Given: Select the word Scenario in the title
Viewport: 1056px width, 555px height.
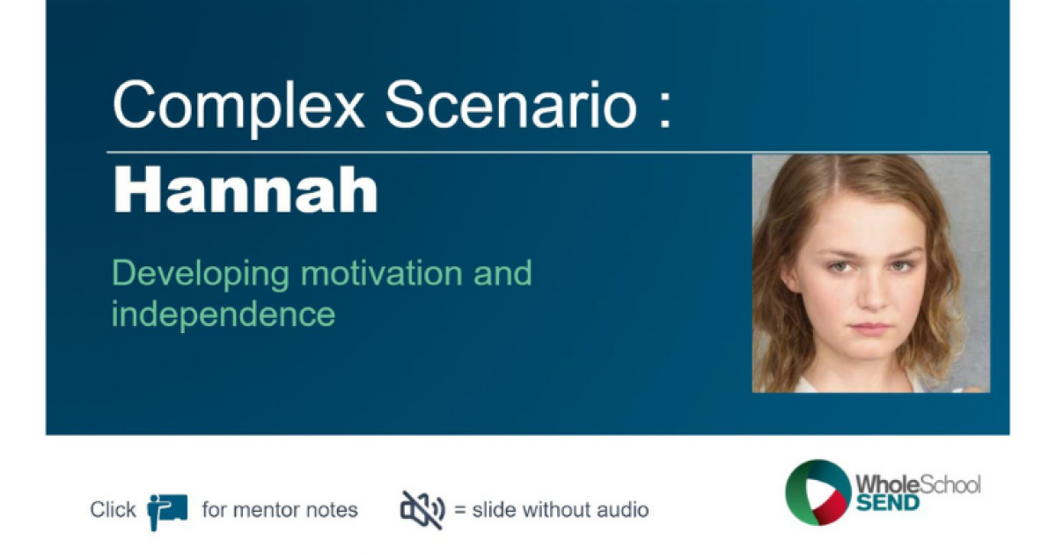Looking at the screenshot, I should click(x=510, y=107).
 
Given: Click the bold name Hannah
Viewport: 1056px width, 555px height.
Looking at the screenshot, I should click(x=246, y=191).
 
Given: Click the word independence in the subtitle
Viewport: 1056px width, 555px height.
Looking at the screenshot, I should click(x=223, y=314).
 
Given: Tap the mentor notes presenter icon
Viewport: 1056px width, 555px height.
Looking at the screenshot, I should click(x=167, y=510).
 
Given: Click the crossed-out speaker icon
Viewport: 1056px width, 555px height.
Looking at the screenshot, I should click(x=422, y=509).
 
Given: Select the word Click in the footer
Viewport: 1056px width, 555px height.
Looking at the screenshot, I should click(x=113, y=510).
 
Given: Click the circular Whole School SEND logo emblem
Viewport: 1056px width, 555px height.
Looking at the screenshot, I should click(x=818, y=492).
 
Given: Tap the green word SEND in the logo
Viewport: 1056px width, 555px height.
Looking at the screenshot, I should click(x=887, y=503).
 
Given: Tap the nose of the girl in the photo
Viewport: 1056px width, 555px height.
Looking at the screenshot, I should click(x=871, y=295).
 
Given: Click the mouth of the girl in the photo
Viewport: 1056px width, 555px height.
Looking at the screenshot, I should click(x=871, y=328).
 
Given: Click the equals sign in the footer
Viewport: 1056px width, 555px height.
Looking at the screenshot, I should click(x=459, y=510).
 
